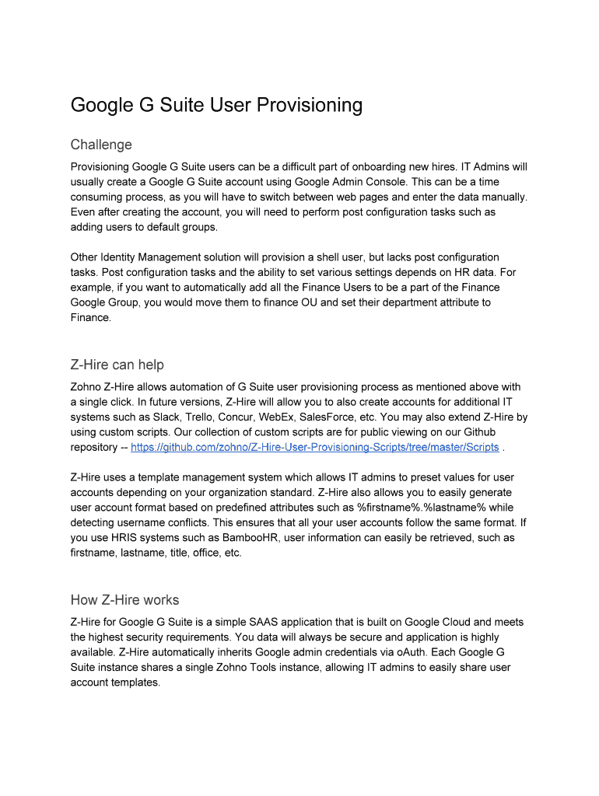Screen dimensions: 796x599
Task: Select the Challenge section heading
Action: pos(101,145)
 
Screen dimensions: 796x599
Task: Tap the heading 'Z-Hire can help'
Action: pos(117,365)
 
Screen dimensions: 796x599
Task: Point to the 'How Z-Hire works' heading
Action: pos(124,599)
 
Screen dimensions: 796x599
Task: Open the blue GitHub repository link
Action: pos(315,447)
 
